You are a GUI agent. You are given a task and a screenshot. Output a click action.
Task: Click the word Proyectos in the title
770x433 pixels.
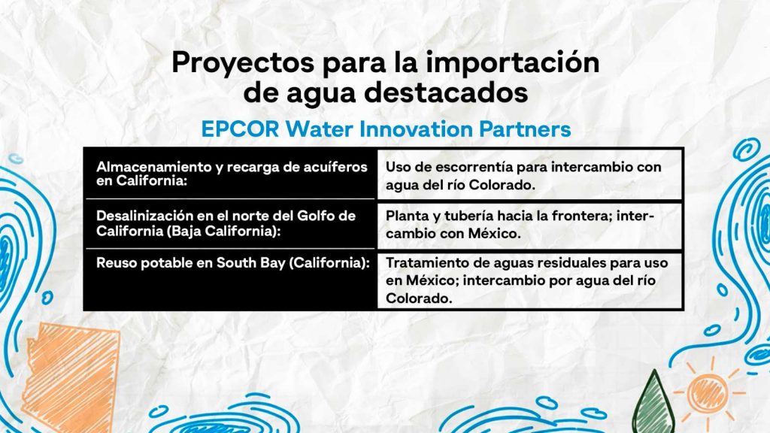(243, 64)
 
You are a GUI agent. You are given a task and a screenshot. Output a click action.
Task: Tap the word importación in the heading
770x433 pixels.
(512, 64)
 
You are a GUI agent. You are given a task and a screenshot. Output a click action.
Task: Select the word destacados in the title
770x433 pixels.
(446, 92)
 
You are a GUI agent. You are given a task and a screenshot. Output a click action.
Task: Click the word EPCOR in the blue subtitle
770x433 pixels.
(240, 129)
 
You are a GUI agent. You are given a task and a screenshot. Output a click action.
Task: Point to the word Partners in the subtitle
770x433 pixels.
(525, 129)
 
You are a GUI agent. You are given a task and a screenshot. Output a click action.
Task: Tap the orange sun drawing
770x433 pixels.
(708, 392)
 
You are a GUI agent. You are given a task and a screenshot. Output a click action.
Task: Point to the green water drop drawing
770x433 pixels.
(653, 405)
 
